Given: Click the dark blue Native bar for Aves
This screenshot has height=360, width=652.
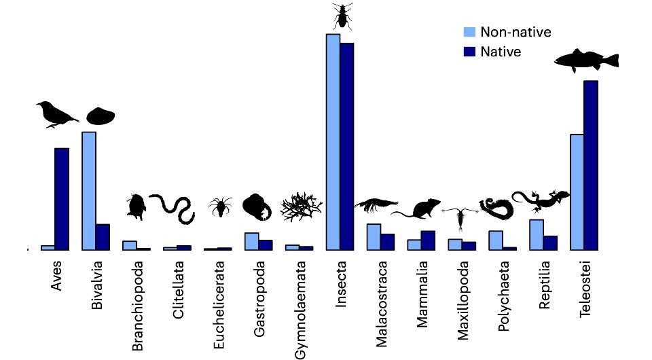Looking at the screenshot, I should [x=62, y=199].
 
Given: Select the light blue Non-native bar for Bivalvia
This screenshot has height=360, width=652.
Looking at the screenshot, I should [x=88, y=191].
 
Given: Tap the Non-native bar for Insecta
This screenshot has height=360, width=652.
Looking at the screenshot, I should [x=333, y=142].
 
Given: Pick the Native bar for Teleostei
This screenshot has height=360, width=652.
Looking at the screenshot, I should [x=591, y=165].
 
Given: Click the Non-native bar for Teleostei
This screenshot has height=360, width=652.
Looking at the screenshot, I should [x=577, y=192].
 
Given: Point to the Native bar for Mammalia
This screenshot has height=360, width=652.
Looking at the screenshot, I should [x=428, y=240].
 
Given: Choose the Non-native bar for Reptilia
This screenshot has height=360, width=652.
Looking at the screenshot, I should [x=537, y=234].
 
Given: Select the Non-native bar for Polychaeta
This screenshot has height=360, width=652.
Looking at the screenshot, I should [x=496, y=240].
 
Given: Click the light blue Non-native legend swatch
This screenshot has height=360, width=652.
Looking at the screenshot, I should [x=469, y=32].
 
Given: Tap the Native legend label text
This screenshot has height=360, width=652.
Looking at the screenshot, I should [x=501, y=52].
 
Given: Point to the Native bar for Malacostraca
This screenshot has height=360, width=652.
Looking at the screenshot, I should [x=388, y=242].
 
